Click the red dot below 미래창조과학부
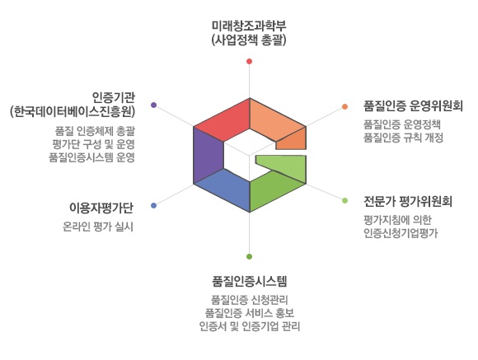[250, 61]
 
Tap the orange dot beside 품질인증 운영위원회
[344, 106]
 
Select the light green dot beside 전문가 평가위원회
[344, 200]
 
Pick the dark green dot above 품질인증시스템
[250, 256]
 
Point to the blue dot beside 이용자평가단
[154, 205]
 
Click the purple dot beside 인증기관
[154, 105]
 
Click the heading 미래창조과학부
[249, 26]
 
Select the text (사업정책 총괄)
[249, 40]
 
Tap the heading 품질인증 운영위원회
[413, 105]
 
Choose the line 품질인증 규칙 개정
[403, 138]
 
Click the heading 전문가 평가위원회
[408, 201]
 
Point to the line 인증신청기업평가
[401, 233]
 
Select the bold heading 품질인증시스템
[250, 281]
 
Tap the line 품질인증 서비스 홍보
[250, 313]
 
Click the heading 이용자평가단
[101, 208]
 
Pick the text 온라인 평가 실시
[98, 227]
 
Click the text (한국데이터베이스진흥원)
[73, 111]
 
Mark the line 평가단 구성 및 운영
[93, 144]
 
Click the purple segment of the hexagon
[209, 155]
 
